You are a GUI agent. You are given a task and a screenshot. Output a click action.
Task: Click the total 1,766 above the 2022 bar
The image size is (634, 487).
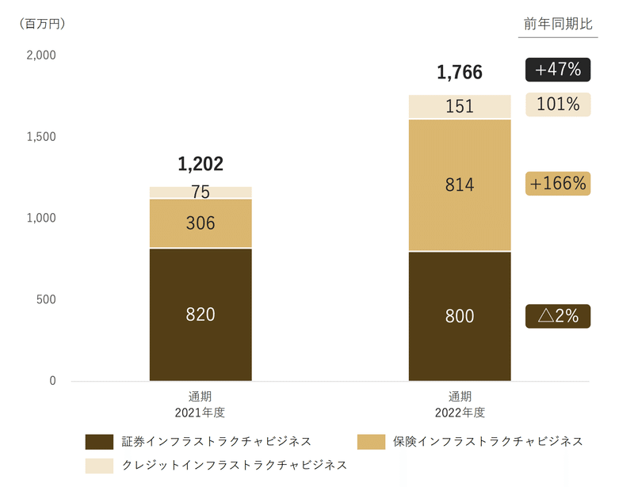[460, 74]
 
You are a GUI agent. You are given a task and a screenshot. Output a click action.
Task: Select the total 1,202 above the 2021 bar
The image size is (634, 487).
[201, 164]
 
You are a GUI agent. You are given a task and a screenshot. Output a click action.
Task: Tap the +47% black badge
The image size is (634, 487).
[558, 70]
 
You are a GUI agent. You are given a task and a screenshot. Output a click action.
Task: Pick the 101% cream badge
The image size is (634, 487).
[558, 104]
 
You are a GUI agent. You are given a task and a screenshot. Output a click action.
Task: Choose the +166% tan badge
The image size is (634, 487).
[558, 184]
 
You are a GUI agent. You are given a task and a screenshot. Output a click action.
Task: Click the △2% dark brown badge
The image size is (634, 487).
[558, 316]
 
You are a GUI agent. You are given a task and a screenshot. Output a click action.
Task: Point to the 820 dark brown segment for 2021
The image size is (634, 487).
[201, 314]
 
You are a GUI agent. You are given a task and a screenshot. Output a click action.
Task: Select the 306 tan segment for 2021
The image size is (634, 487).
[201, 223]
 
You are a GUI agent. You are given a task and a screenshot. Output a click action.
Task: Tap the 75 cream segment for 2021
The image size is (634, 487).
[201, 192]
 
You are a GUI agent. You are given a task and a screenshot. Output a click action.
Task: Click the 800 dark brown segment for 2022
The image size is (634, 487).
[460, 316]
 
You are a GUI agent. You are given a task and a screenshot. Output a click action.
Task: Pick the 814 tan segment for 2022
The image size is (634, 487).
[460, 185]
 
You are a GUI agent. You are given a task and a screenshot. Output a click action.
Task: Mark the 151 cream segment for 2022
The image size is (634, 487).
[460, 106]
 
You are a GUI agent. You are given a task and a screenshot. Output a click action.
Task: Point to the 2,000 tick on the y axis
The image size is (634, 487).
[40, 55]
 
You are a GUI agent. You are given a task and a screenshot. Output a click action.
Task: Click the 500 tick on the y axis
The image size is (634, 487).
[47, 299]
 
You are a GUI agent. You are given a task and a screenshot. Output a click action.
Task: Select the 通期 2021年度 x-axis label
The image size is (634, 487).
[201, 404]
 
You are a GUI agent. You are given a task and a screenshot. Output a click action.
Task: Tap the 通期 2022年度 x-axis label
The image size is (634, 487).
[460, 404]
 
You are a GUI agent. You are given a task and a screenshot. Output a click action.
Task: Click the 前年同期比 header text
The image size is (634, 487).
[558, 24]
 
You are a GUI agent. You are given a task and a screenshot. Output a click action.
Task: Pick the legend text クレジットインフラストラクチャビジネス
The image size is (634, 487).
[235, 464]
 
